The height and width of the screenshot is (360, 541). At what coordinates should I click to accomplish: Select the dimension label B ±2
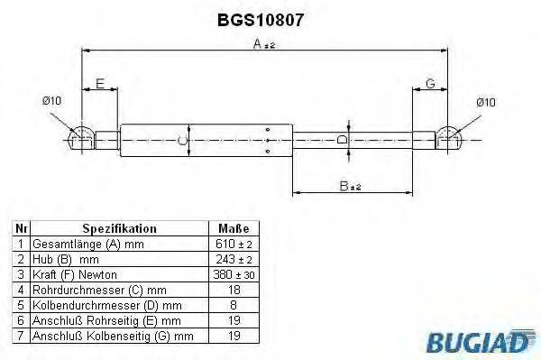[x=349, y=186]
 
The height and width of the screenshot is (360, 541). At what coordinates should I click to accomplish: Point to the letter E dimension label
[x=101, y=83]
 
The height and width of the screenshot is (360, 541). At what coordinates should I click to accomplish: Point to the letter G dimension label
[x=430, y=83]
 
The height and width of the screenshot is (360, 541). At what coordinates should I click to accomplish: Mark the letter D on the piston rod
[x=340, y=140]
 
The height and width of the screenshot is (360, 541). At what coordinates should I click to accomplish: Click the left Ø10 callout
[x=51, y=101]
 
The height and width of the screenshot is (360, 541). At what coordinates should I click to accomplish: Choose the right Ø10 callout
[x=485, y=102]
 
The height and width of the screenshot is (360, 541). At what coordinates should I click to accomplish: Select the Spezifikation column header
[x=119, y=229]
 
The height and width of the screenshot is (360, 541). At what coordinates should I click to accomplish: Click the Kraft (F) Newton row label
[x=75, y=274]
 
